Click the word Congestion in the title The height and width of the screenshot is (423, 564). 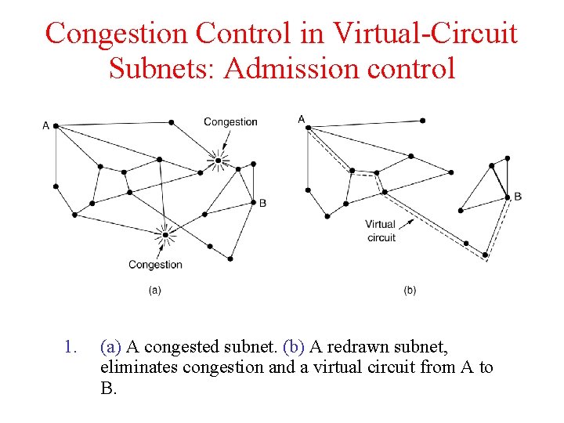(116, 34)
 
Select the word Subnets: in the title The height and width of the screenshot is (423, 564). (162, 68)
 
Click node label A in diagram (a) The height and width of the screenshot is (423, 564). (45, 125)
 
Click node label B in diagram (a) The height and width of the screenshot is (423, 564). (263, 203)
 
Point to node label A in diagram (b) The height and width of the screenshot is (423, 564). (302, 119)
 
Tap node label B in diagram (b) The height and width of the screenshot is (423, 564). (518, 197)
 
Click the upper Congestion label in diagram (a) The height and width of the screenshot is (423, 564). (230, 121)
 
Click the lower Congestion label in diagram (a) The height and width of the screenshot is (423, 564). (155, 265)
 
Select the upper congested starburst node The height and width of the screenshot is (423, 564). (219, 161)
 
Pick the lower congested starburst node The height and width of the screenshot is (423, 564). (165, 233)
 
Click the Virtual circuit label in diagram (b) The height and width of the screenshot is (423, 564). (381, 231)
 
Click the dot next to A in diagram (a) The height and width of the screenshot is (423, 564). (56, 125)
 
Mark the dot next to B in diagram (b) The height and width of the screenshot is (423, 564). (507, 197)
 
